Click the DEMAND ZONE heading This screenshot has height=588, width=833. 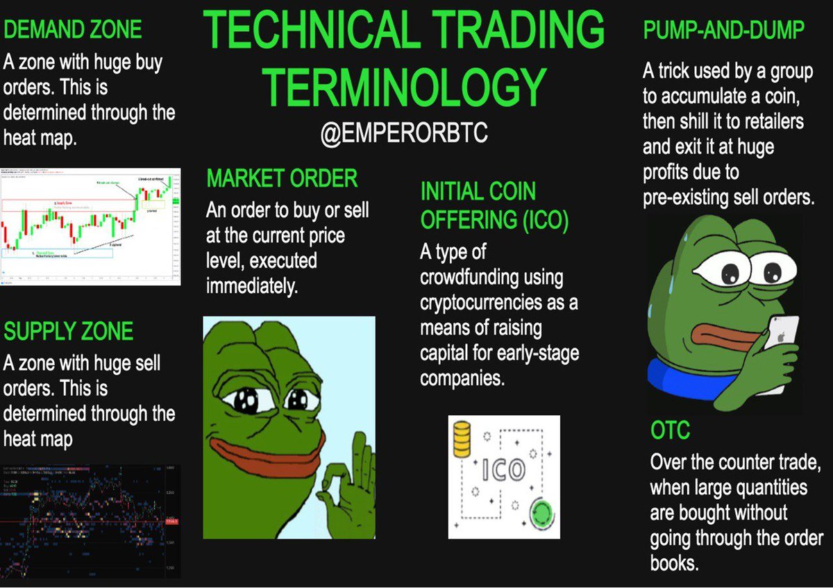pyautogui.click(x=73, y=29)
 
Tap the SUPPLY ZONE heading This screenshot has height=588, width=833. pyautogui.click(x=68, y=331)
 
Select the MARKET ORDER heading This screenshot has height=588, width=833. pyautogui.click(x=282, y=178)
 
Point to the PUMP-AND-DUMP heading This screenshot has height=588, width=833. pyautogui.click(x=724, y=31)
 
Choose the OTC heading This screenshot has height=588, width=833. pyautogui.click(x=670, y=430)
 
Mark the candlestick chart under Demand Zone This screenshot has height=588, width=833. pyautogui.click(x=90, y=226)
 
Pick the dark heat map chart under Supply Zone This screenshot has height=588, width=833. pyautogui.click(x=90, y=521)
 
